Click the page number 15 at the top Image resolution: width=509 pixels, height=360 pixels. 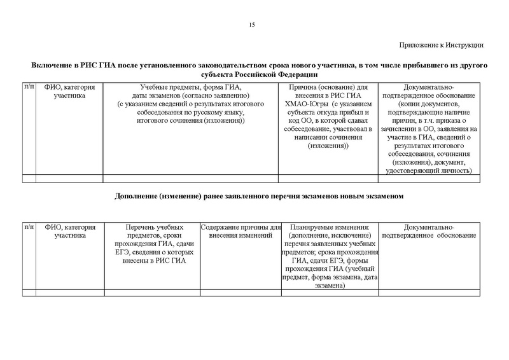(252, 25)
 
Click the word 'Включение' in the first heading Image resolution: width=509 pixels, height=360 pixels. (52, 66)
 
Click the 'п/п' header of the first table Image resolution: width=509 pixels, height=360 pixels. (29, 87)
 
